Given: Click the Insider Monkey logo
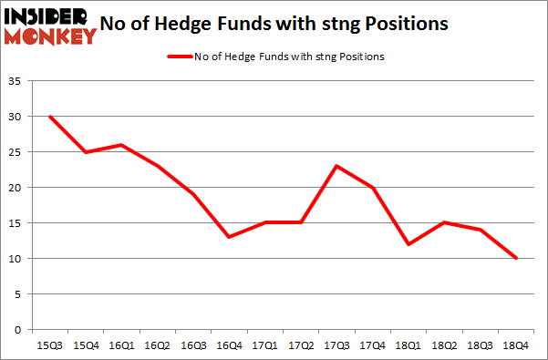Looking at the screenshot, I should pyautogui.click(x=49, y=25).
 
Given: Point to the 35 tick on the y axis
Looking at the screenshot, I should pyautogui.click(x=16, y=82).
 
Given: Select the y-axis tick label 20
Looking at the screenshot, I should pyautogui.click(x=16, y=188).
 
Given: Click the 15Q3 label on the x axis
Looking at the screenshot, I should pyautogui.click(x=49, y=345).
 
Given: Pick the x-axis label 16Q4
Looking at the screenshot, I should pyautogui.click(x=228, y=345).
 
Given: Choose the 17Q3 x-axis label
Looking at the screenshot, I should pyautogui.click(x=336, y=345).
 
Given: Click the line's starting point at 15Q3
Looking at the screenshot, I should pyautogui.click(x=49, y=117).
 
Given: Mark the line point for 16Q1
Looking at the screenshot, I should pyautogui.click(x=120, y=145).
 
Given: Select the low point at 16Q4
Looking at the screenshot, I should pyautogui.click(x=228, y=237).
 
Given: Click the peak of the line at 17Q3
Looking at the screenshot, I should pyautogui.click(x=336, y=166).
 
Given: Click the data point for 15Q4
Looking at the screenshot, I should pyautogui.click(x=85, y=152).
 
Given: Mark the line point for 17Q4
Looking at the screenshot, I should pyautogui.click(x=371, y=188).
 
